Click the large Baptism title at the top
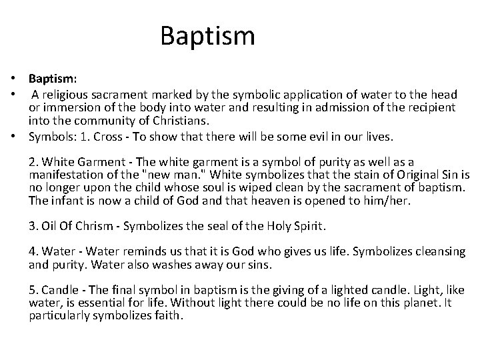tap(207, 35)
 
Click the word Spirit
tap(308, 227)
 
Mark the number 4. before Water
tap(33, 251)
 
